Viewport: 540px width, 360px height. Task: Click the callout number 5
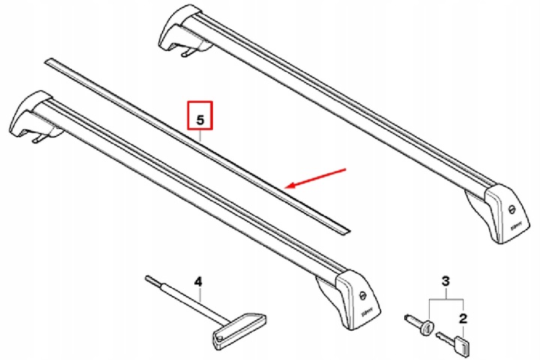click(200, 120)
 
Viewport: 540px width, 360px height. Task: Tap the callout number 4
click(198, 282)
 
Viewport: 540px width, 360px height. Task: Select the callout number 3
click(445, 281)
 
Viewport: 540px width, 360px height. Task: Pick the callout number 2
click(463, 319)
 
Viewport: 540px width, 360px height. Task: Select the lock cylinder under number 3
click(419, 323)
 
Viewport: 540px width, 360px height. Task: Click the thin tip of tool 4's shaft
click(146, 277)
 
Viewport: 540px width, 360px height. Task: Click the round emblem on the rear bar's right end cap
click(512, 208)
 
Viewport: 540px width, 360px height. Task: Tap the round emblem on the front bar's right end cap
click(362, 296)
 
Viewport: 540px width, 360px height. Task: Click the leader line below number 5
click(200, 136)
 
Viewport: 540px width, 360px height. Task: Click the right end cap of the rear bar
click(505, 214)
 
